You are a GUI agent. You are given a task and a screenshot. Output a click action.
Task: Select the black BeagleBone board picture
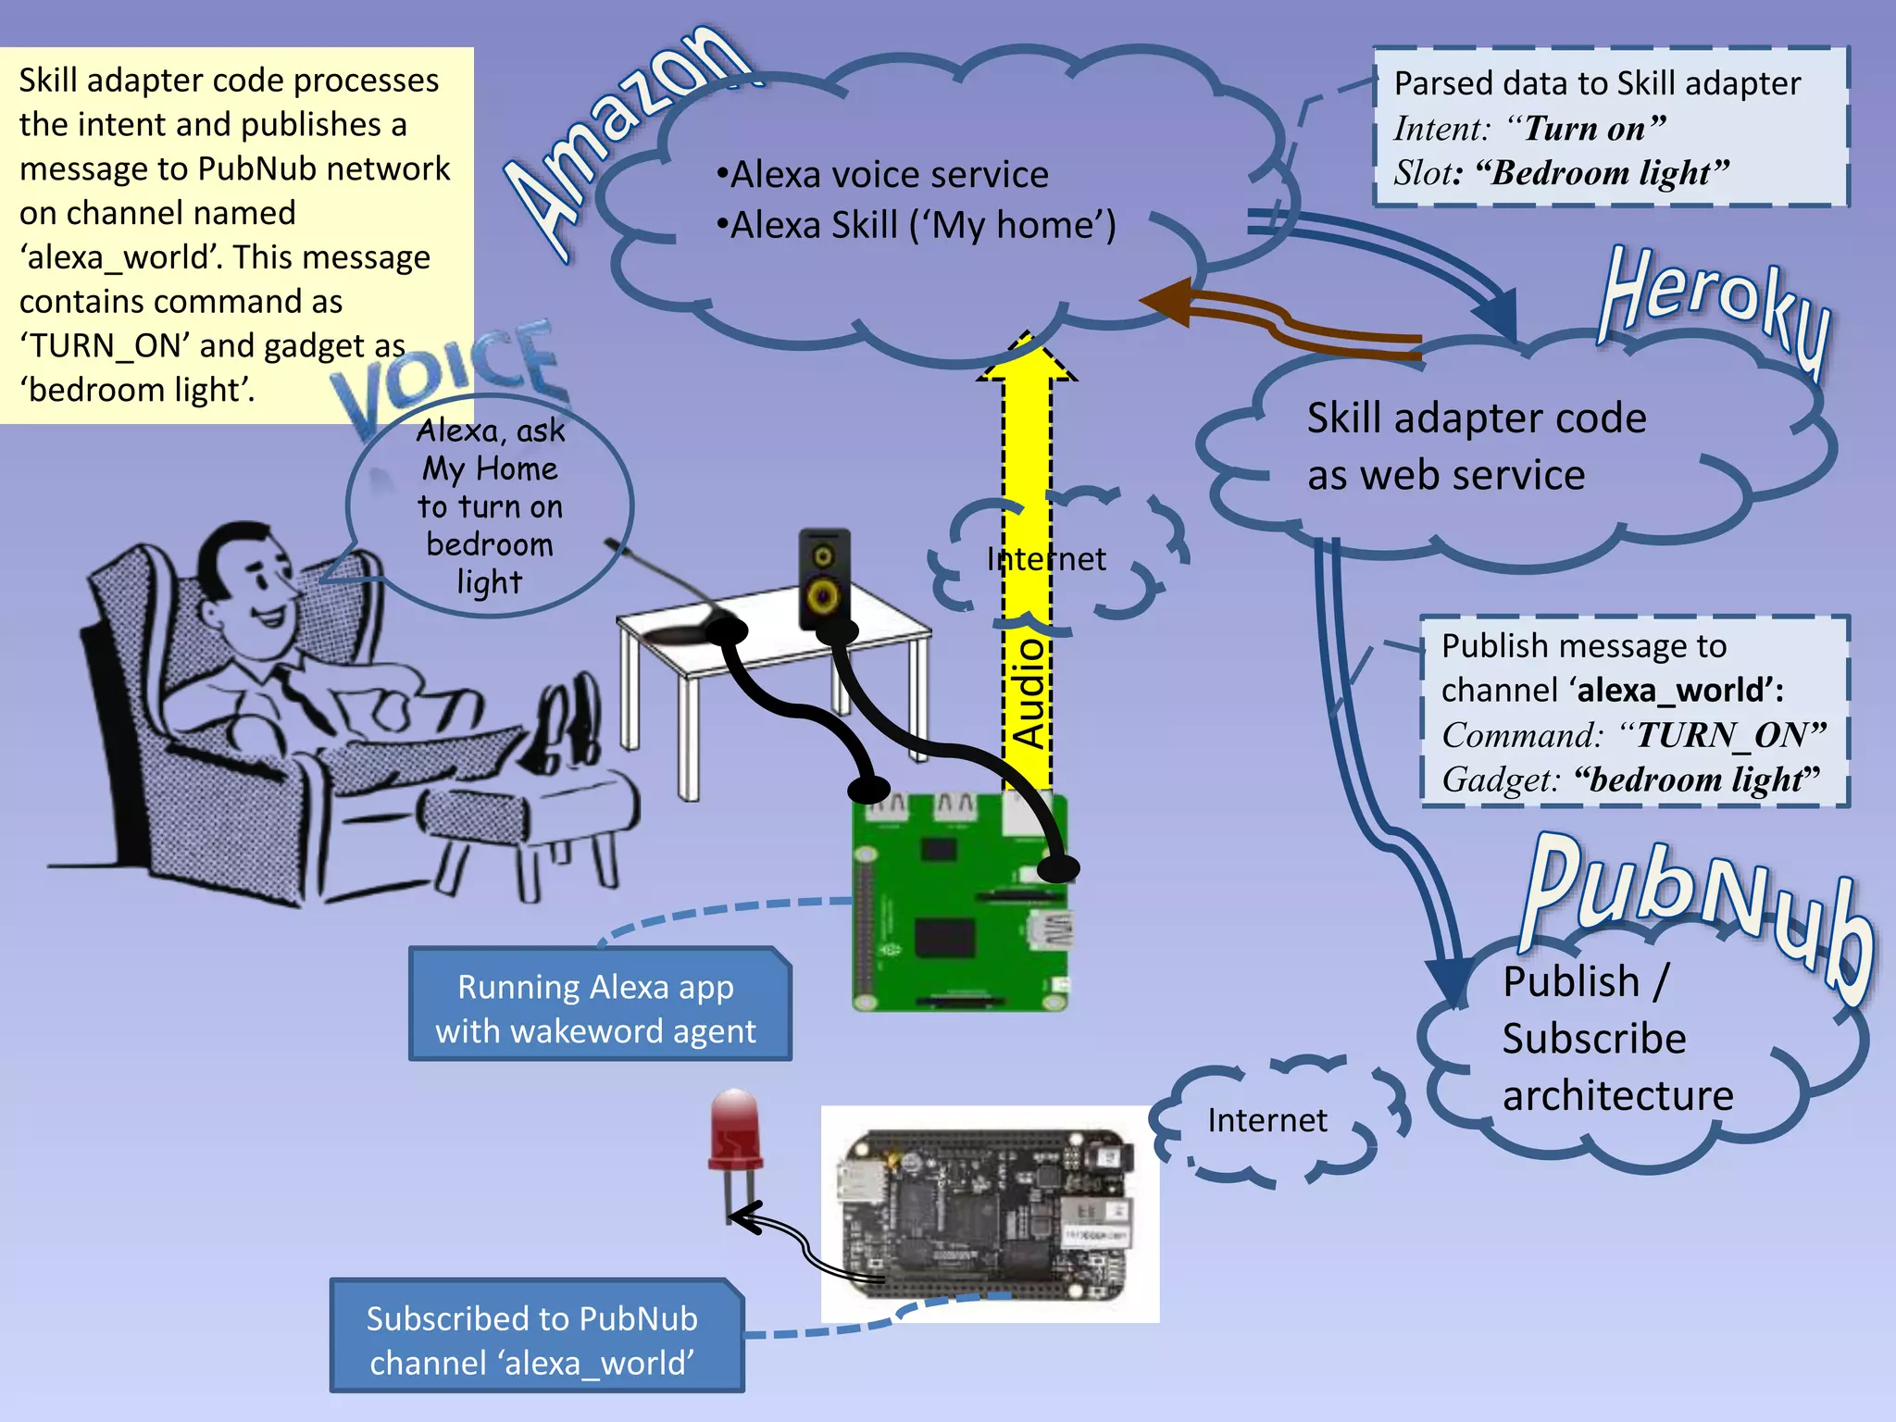(988, 1214)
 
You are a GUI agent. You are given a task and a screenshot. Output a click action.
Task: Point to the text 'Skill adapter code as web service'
(1476, 447)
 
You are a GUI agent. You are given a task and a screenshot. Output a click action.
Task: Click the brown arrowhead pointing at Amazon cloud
(1164, 302)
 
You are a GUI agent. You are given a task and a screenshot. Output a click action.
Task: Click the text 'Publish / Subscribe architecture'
(1615, 1039)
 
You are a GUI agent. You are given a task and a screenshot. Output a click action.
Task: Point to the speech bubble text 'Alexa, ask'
(490, 431)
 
